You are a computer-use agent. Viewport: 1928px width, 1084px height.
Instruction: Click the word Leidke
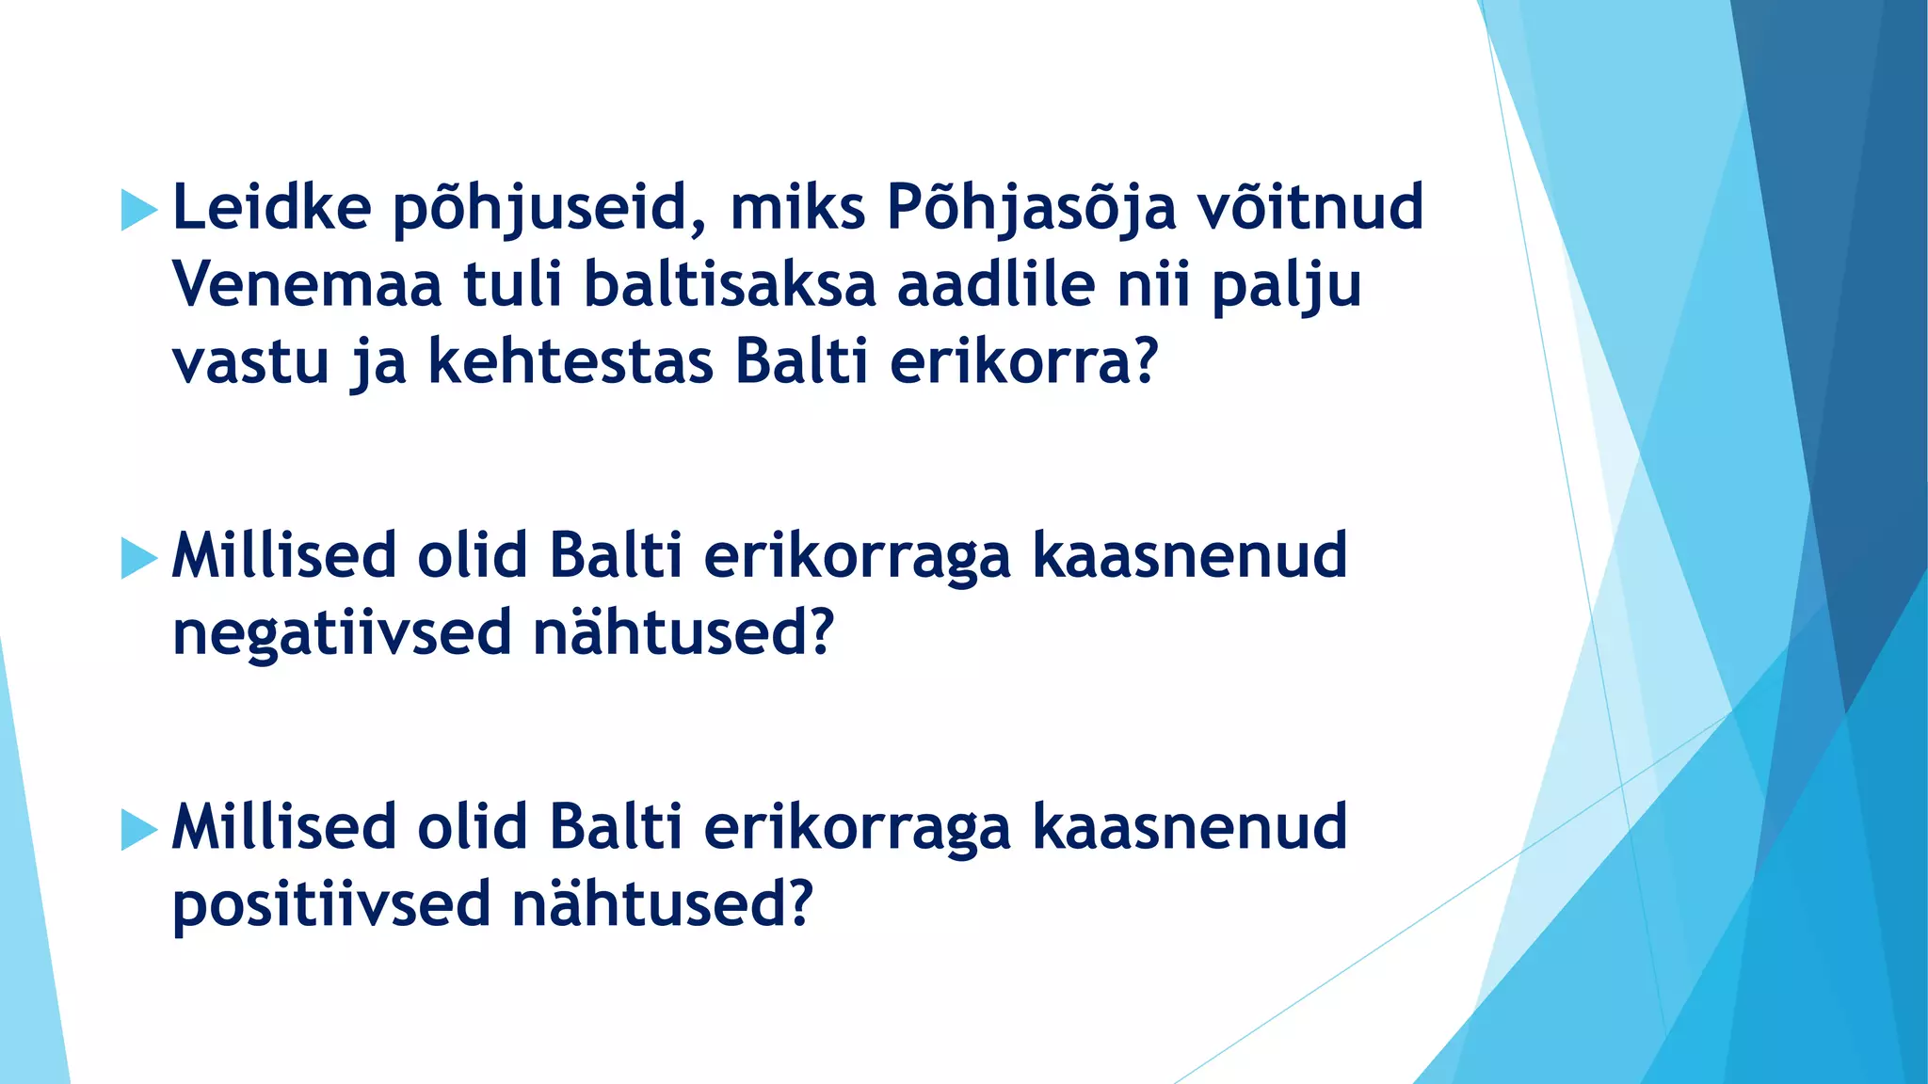[271, 208]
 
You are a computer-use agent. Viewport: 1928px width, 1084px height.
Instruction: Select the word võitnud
[1309, 208]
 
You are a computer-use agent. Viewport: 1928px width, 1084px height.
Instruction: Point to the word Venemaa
[306, 285]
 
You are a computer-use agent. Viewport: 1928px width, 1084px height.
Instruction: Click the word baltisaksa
[730, 285]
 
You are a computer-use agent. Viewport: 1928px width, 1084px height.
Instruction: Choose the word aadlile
[995, 285]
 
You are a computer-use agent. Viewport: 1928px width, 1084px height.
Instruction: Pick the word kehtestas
[570, 362]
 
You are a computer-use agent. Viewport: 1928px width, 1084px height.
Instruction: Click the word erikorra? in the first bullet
[1022, 362]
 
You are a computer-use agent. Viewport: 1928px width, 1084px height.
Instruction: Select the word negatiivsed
[341, 634]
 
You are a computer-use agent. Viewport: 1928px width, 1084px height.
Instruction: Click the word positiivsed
[331, 906]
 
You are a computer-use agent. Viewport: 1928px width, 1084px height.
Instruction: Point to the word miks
[796, 208]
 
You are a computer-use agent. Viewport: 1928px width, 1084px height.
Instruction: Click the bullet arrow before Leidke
[138, 210]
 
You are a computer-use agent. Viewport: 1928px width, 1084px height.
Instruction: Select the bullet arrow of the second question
[138, 558]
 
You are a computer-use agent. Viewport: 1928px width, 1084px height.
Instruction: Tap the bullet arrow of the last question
[138, 830]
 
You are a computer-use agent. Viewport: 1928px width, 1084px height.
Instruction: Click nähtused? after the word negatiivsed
[683, 632]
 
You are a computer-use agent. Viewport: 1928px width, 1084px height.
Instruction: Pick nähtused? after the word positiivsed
[662, 904]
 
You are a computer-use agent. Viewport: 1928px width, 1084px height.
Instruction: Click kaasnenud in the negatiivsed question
[1190, 556]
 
